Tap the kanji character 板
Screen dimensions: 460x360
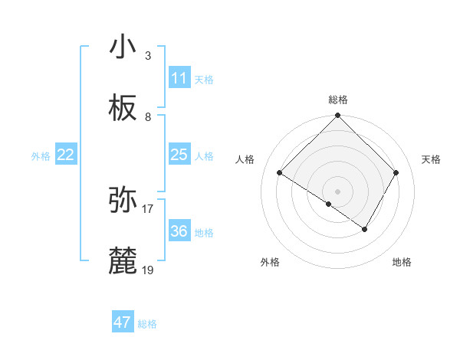point(123,109)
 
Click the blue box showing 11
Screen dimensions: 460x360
point(179,78)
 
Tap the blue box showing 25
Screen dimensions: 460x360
point(179,155)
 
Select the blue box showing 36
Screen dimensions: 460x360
point(179,231)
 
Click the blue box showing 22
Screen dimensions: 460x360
point(66,155)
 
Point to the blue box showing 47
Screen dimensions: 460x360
point(123,322)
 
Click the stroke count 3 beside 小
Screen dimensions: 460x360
point(148,55)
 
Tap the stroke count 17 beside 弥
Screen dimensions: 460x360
point(148,208)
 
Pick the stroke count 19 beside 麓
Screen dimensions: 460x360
point(148,270)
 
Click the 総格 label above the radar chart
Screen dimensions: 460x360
point(338,100)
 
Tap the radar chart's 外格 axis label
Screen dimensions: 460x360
point(270,262)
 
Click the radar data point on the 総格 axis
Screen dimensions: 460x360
point(337,116)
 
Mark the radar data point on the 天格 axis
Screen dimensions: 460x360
point(396,172)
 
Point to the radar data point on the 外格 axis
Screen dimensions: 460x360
point(328,205)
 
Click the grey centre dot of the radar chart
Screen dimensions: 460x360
point(337,191)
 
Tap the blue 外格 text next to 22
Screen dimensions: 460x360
point(41,155)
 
